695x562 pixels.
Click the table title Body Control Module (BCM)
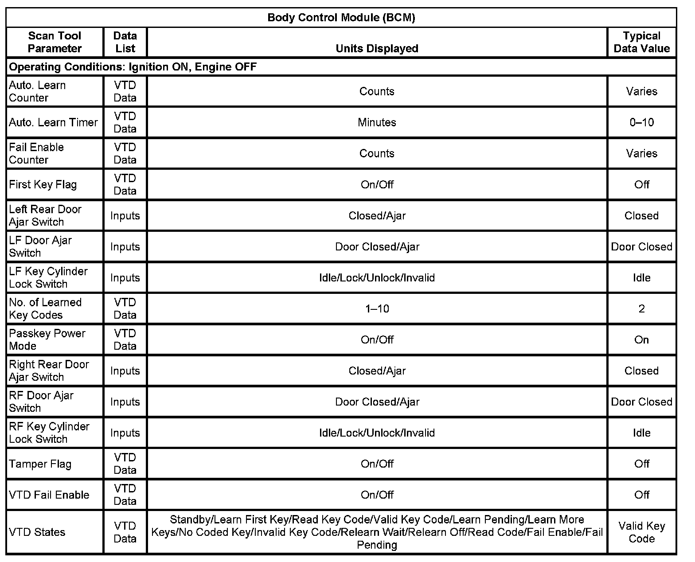[341, 18]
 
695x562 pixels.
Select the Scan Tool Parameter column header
[55, 42]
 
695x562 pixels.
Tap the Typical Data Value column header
[641, 42]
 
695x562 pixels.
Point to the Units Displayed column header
[377, 48]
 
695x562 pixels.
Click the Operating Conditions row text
[133, 67]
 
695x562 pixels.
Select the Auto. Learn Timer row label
[53, 122]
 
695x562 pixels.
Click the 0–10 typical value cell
[641, 122]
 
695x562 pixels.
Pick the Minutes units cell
[377, 122]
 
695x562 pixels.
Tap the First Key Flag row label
[43, 184]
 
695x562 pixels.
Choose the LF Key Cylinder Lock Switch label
[48, 277]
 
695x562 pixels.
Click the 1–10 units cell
[377, 308]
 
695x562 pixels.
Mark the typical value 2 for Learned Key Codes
[641, 308]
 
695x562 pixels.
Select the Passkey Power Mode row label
[47, 340]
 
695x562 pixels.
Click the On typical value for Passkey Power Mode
[641, 340]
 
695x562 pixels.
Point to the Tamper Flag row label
[40, 464]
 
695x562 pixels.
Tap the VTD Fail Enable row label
[49, 495]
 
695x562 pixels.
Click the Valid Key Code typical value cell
[641, 532]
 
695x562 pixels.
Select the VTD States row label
[37, 532]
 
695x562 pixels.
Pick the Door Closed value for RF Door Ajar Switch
[641, 402]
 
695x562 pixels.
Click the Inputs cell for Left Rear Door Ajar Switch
[125, 215]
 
